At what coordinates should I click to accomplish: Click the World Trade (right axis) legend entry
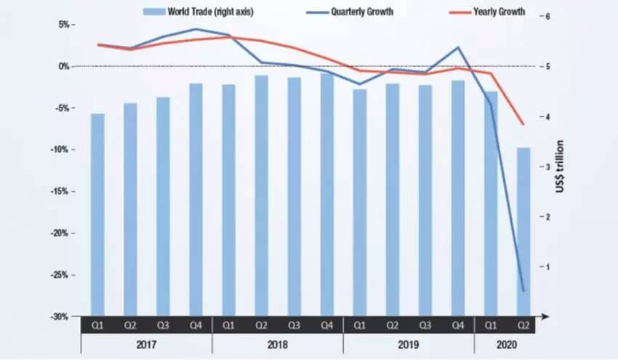197,12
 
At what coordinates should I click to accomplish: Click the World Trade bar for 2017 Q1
97,215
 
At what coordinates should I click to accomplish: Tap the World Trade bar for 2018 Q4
327,193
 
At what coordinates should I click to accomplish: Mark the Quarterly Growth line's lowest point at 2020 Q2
523,291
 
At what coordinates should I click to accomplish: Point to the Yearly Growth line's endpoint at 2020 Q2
523,125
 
